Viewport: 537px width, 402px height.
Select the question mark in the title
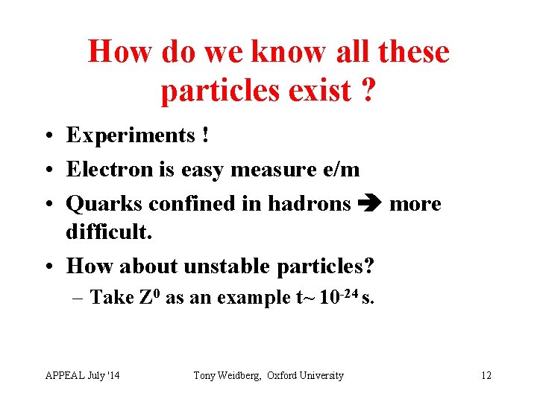coord(367,91)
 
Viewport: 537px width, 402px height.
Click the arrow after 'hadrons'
coord(370,205)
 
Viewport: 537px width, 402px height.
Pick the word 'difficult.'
coord(109,232)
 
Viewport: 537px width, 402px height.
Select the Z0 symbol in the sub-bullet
coord(149,298)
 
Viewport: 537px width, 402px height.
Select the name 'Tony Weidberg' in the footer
coord(225,375)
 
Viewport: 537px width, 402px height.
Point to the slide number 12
coord(486,375)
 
